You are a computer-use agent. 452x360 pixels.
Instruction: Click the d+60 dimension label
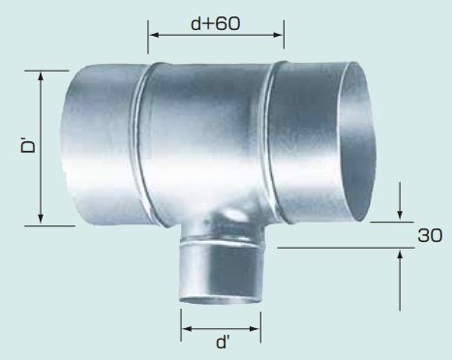[216, 23]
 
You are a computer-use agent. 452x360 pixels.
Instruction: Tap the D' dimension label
[28, 145]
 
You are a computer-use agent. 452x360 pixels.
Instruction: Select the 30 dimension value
[430, 235]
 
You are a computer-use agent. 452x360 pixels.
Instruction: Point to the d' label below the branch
[223, 342]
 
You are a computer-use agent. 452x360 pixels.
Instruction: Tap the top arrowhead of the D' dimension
[41, 76]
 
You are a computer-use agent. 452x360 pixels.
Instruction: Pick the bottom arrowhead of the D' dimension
[41, 219]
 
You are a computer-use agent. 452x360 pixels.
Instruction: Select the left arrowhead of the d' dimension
[187, 329]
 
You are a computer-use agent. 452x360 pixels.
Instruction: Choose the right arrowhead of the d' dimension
[255, 329]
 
